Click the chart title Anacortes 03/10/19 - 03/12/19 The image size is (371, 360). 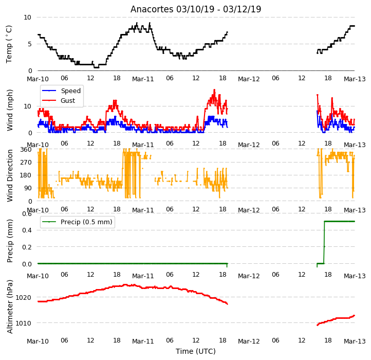coord(196,9)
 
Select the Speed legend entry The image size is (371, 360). coord(62,91)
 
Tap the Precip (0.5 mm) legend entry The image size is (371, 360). coord(77,222)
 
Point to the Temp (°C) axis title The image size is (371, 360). coord(9,44)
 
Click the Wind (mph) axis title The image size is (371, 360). coord(9,110)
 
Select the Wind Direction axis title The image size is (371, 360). coord(9,175)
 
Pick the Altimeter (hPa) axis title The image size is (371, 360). coord(9,307)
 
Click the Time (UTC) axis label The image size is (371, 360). coord(196,351)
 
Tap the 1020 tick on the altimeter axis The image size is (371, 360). coord(23,297)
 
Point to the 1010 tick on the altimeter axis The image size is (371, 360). coord(23,323)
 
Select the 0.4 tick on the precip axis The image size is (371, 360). coord(27,230)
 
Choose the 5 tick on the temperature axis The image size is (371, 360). coord(30,44)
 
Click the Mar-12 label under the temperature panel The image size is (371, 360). coord(249,79)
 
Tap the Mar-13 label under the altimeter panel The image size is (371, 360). coord(355,341)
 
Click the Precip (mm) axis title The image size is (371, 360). coord(9,241)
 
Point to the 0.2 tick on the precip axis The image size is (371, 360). coord(27,247)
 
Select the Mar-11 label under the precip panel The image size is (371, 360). coord(143,276)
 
